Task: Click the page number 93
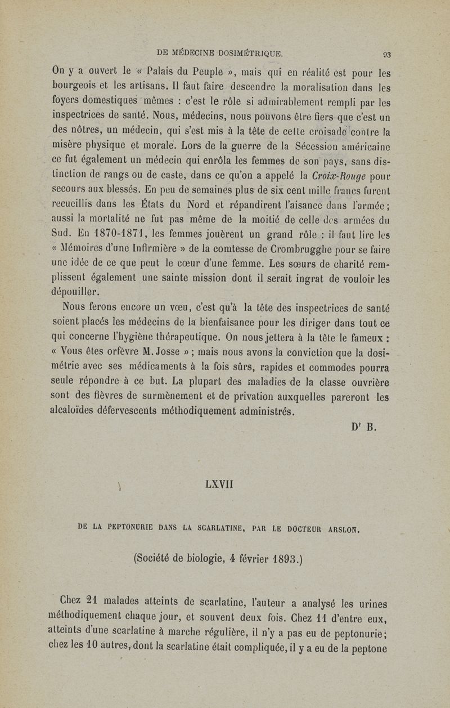click(x=386, y=55)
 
